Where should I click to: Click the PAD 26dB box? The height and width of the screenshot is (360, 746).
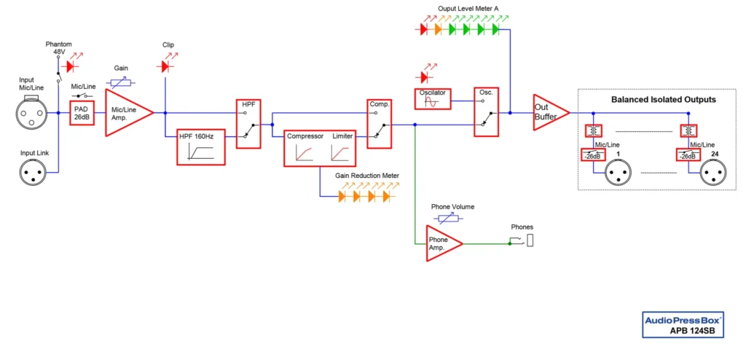(82, 114)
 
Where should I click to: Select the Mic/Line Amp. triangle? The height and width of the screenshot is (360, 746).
(125, 113)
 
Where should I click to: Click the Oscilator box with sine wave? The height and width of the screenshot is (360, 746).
(433, 98)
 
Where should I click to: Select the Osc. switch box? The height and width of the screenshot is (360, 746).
(486, 113)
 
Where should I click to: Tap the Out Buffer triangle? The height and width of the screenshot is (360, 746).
(549, 113)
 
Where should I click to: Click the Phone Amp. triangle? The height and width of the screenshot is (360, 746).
(441, 243)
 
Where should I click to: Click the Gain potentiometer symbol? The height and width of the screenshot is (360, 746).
(121, 82)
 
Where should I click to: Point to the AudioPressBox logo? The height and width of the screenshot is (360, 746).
(682, 319)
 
